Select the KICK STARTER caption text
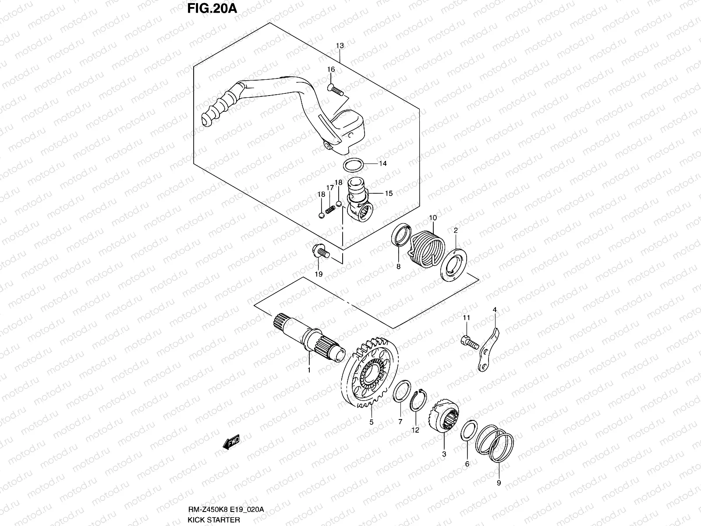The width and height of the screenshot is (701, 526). point(214,520)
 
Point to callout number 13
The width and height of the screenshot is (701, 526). point(340,46)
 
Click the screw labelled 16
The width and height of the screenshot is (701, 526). point(336,90)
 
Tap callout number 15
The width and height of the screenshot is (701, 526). point(389,193)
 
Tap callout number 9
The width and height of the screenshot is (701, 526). point(499,483)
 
